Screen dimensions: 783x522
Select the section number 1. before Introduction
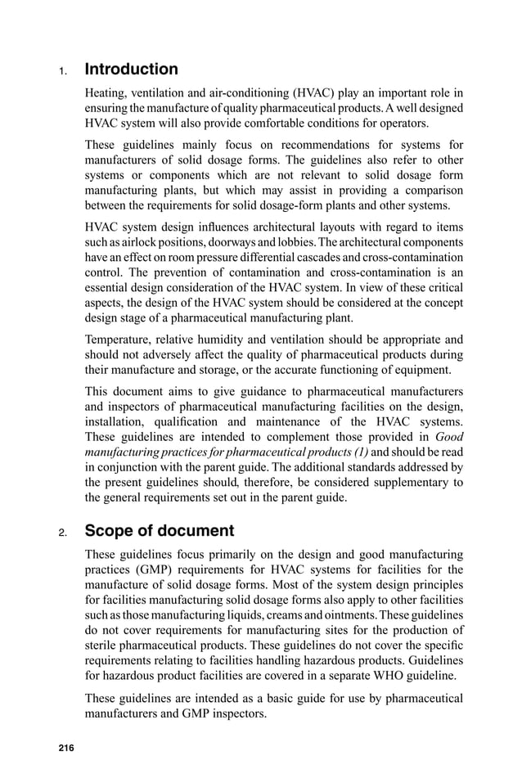tap(61, 71)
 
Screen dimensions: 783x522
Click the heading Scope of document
tap(160, 531)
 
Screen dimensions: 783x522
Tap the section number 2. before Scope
tap(61, 533)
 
